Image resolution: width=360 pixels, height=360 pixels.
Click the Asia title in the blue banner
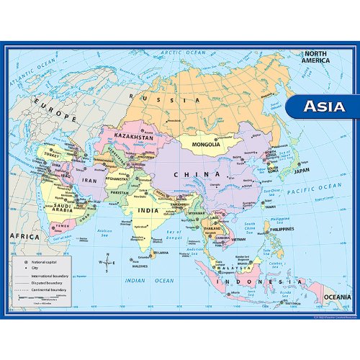point(323,107)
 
